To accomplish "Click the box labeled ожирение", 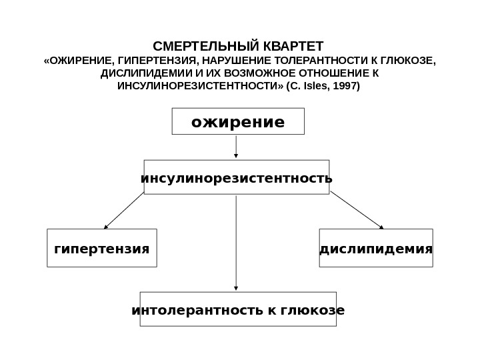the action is click(238, 122).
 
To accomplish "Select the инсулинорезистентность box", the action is click(237, 178).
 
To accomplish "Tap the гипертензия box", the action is click(102, 249).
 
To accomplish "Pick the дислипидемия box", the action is click(376, 249).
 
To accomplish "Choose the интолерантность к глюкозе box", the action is click(238, 309).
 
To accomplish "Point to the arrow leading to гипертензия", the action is click(123, 210).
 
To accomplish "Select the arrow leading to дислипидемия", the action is click(357, 210).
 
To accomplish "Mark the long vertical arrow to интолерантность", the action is click(237, 243).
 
